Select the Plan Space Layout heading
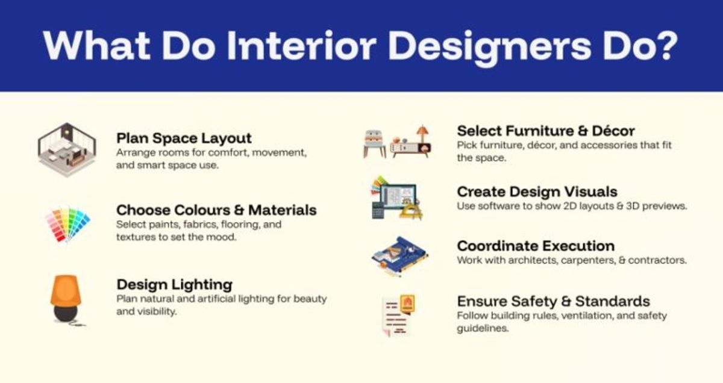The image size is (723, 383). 184,139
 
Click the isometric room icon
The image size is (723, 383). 67,150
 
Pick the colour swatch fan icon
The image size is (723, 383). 67,224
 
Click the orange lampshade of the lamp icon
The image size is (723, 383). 66,290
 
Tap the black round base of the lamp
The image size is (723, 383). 66,313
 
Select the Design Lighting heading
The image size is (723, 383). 174,285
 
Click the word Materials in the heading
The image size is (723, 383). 283,210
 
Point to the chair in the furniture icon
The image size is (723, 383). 374,143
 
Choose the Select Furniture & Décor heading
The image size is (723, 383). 546,131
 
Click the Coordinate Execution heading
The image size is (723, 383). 536,246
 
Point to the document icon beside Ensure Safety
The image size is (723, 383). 398,315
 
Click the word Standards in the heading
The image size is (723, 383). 612,301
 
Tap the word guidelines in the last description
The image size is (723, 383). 483,328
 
